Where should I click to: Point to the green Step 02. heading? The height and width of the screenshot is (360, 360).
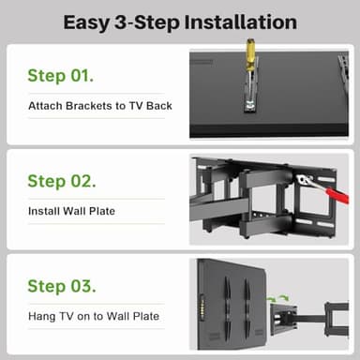pyautogui.click(x=61, y=181)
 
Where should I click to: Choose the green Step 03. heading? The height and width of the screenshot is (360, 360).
pyautogui.click(x=61, y=286)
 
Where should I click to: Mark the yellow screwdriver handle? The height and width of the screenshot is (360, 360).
pyautogui.click(x=252, y=55)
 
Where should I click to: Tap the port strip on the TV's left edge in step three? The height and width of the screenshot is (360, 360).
pyautogui.click(x=198, y=306)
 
